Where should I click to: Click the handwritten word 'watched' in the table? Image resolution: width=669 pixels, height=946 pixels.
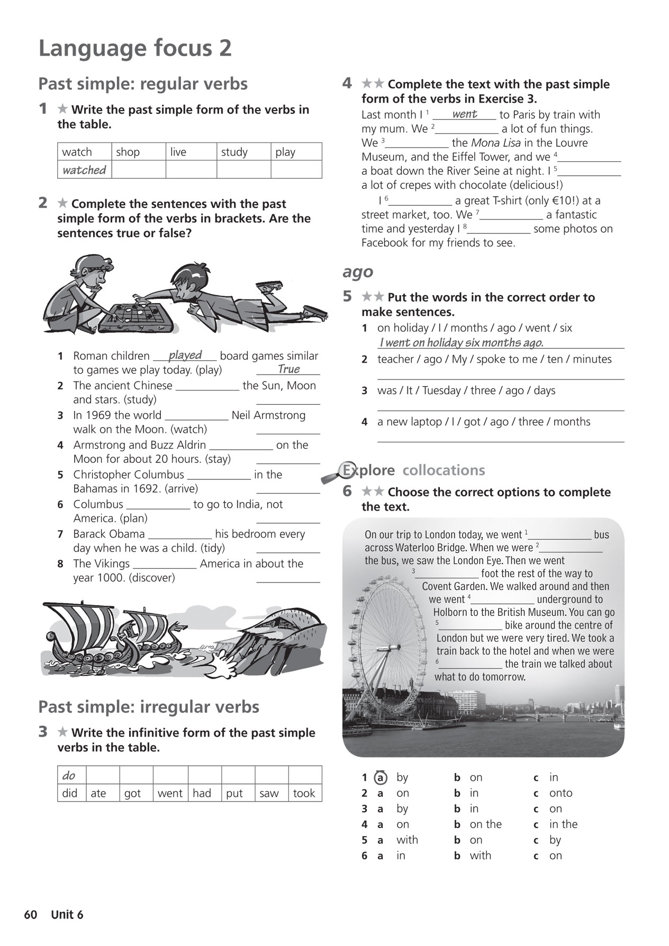(x=84, y=170)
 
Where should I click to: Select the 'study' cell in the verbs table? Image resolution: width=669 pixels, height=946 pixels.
(x=234, y=152)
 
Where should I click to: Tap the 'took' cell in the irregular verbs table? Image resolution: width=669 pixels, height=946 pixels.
(x=304, y=793)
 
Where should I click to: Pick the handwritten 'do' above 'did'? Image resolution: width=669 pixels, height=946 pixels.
(x=69, y=776)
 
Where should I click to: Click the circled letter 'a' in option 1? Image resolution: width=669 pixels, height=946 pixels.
(x=380, y=778)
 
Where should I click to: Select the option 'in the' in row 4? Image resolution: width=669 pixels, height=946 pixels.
(x=563, y=824)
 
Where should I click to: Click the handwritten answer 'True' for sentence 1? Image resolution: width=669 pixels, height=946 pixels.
(x=288, y=369)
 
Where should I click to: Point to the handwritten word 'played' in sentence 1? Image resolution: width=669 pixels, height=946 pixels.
(x=185, y=355)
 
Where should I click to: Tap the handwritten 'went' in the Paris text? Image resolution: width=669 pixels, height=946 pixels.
(x=465, y=114)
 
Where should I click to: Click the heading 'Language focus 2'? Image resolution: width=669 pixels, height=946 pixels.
(x=135, y=49)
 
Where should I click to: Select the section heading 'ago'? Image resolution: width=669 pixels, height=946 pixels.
(x=358, y=272)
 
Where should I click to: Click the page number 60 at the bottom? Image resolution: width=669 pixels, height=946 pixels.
(x=31, y=915)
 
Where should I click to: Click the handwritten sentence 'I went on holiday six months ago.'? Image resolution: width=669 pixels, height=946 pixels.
(x=461, y=343)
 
